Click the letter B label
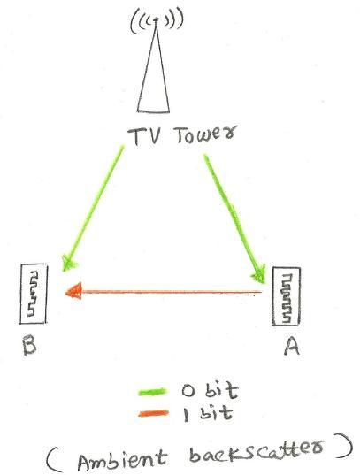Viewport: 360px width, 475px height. [30, 346]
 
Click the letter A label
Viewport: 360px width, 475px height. [292, 346]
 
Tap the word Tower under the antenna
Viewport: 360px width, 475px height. [204, 134]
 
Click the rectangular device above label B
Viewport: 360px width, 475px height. [34, 294]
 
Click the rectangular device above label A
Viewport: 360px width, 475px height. [287, 296]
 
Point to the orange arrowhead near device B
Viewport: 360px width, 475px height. [73, 291]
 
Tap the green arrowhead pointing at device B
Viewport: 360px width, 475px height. [68, 263]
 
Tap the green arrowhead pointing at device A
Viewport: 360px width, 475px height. [258, 274]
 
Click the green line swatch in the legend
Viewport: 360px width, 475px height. [152, 392]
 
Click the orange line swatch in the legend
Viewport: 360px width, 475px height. [153, 413]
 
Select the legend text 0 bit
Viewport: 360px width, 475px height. [210, 391]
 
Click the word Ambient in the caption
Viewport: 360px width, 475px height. [122, 459]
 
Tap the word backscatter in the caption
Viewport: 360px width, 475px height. [257, 451]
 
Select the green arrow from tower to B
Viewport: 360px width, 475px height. [93, 208]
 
